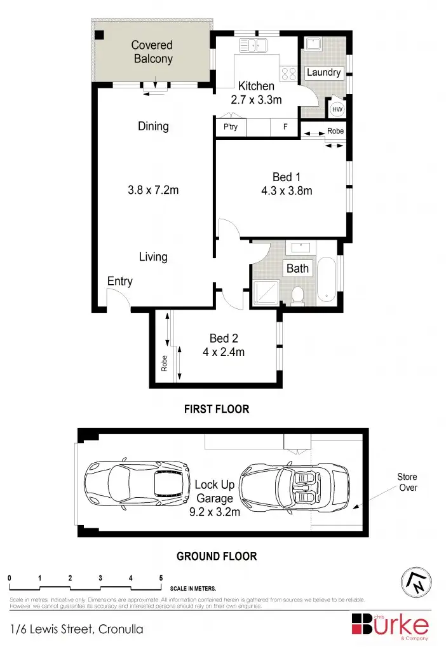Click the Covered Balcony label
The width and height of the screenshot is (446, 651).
(152, 51)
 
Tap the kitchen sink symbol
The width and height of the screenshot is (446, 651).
(256, 45)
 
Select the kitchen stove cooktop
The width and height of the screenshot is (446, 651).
(288, 73)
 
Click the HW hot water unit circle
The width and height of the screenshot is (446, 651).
(337, 109)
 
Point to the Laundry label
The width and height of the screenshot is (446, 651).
(323, 72)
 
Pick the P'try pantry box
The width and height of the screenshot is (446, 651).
(231, 127)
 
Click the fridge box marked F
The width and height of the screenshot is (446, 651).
(285, 127)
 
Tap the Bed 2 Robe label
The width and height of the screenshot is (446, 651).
(164, 363)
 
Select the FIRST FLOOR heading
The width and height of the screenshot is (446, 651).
(217, 409)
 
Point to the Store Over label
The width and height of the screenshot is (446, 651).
(407, 482)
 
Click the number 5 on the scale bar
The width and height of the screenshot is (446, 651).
(161, 578)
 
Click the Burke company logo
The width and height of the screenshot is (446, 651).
(391, 624)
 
